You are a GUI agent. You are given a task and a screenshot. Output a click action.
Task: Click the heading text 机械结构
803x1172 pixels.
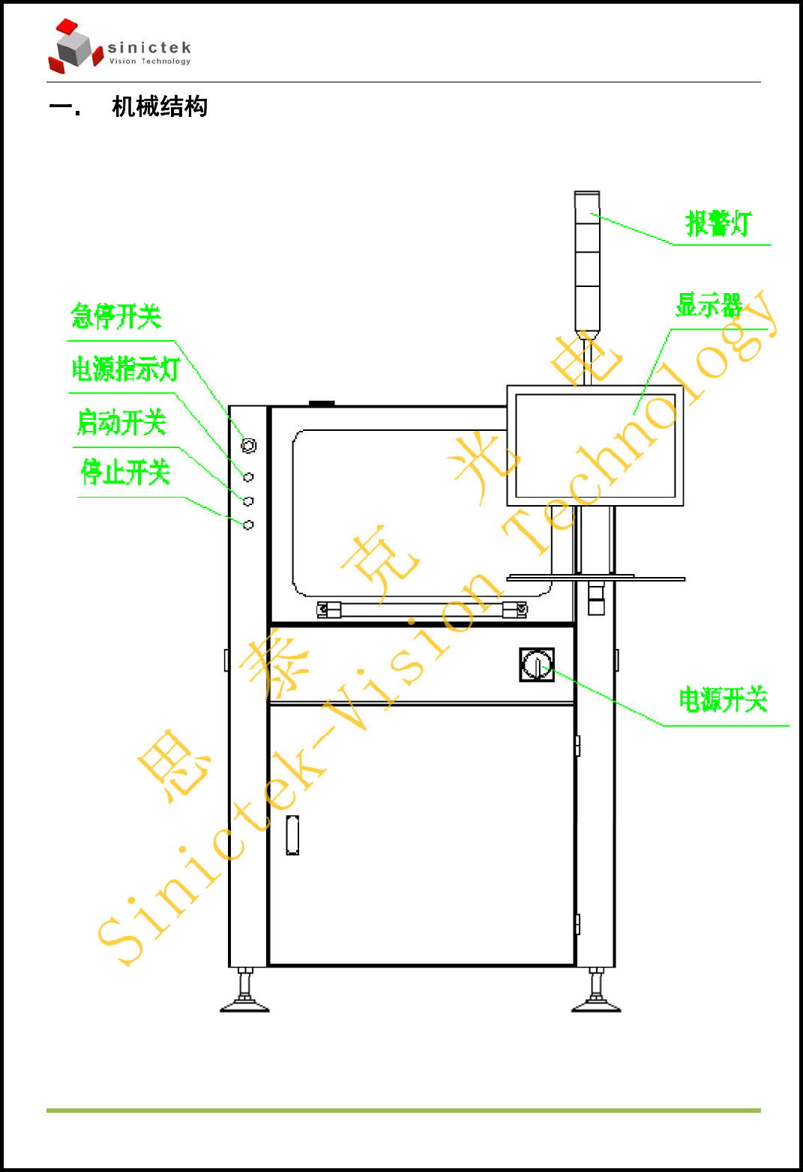coord(159,106)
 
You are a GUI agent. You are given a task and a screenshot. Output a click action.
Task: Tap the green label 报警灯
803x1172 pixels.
coord(718,223)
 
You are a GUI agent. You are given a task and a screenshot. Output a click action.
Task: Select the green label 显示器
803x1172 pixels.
coord(709,305)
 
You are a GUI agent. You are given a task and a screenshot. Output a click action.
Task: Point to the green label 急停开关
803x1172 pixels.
coord(116,316)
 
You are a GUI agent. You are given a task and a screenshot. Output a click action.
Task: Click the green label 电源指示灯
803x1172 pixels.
coord(125,369)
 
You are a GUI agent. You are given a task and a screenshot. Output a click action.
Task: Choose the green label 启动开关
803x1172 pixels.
coord(121,423)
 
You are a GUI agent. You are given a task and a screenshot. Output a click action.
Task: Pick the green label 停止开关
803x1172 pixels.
coord(125,472)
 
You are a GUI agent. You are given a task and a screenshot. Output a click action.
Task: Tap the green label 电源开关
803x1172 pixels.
coord(723,699)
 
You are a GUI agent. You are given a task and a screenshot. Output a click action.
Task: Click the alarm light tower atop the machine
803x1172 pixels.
coord(587,262)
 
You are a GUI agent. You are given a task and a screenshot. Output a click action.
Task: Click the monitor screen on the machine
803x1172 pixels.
coord(595,445)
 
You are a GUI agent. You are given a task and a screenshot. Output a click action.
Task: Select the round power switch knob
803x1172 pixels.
coord(537,665)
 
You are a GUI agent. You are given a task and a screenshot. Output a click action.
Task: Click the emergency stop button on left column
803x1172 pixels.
coord(249,445)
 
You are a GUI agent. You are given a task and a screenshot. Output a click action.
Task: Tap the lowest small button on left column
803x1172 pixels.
coord(248,525)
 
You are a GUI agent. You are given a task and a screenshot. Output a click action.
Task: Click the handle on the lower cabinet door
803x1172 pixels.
coord(292,835)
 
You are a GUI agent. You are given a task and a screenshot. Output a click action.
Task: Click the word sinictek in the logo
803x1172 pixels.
coord(149,48)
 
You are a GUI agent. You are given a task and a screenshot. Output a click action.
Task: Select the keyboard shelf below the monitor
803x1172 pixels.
coord(595,578)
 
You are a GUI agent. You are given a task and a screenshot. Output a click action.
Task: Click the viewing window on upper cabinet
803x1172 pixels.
coord(397,513)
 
